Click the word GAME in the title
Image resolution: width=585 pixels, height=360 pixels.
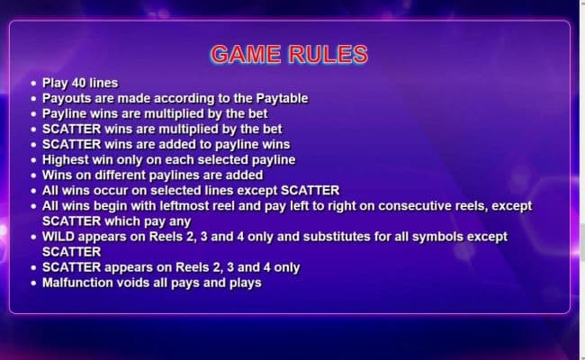(246, 54)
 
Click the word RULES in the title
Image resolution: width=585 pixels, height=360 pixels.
(328, 54)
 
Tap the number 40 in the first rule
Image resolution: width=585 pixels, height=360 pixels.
(78, 83)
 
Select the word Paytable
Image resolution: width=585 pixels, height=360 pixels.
(282, 98)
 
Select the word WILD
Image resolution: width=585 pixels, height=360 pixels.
(58, 237)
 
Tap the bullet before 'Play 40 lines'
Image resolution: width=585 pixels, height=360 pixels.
(33, 83)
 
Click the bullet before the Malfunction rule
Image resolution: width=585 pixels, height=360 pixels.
(33, 283)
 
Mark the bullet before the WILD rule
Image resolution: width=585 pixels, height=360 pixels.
(33, 237)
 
